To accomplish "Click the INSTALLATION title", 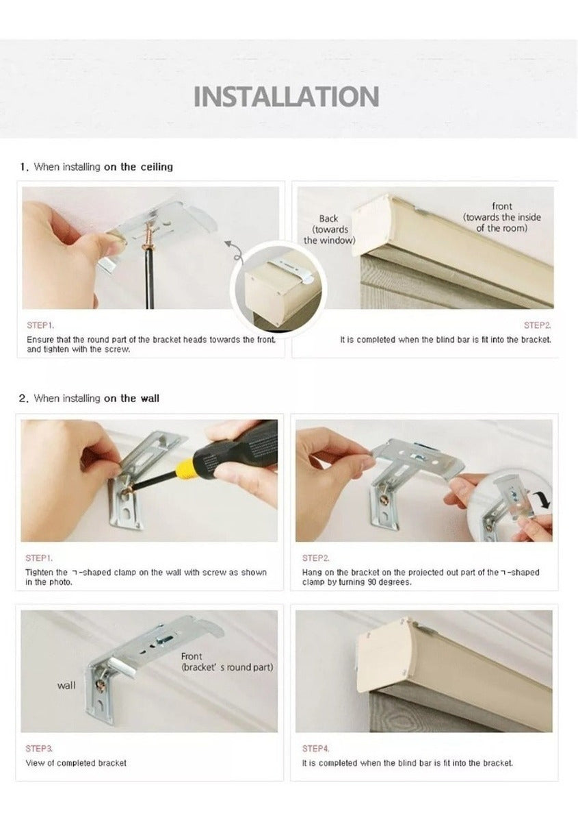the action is (286, 97).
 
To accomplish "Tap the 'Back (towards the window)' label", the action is (329, 229).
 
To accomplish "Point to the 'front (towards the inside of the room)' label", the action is (502, 217).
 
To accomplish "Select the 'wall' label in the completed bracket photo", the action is (66, 685).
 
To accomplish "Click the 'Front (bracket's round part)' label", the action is (227, 662).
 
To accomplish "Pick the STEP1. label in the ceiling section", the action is (40, 325).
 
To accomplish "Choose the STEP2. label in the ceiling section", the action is (538, 325).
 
